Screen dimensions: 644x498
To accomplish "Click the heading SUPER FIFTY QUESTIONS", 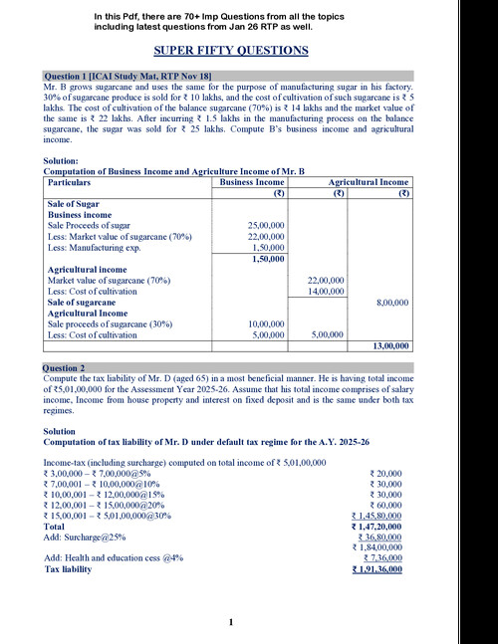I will pos(230,51).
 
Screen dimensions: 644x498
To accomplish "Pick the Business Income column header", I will pos(251,183).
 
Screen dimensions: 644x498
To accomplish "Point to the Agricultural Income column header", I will pos(369,183).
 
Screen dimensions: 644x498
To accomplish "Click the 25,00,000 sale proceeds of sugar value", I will pos(266,226).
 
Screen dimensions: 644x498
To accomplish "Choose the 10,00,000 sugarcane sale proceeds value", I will pos(266,323).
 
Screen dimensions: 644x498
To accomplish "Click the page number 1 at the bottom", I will pos(230,623).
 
